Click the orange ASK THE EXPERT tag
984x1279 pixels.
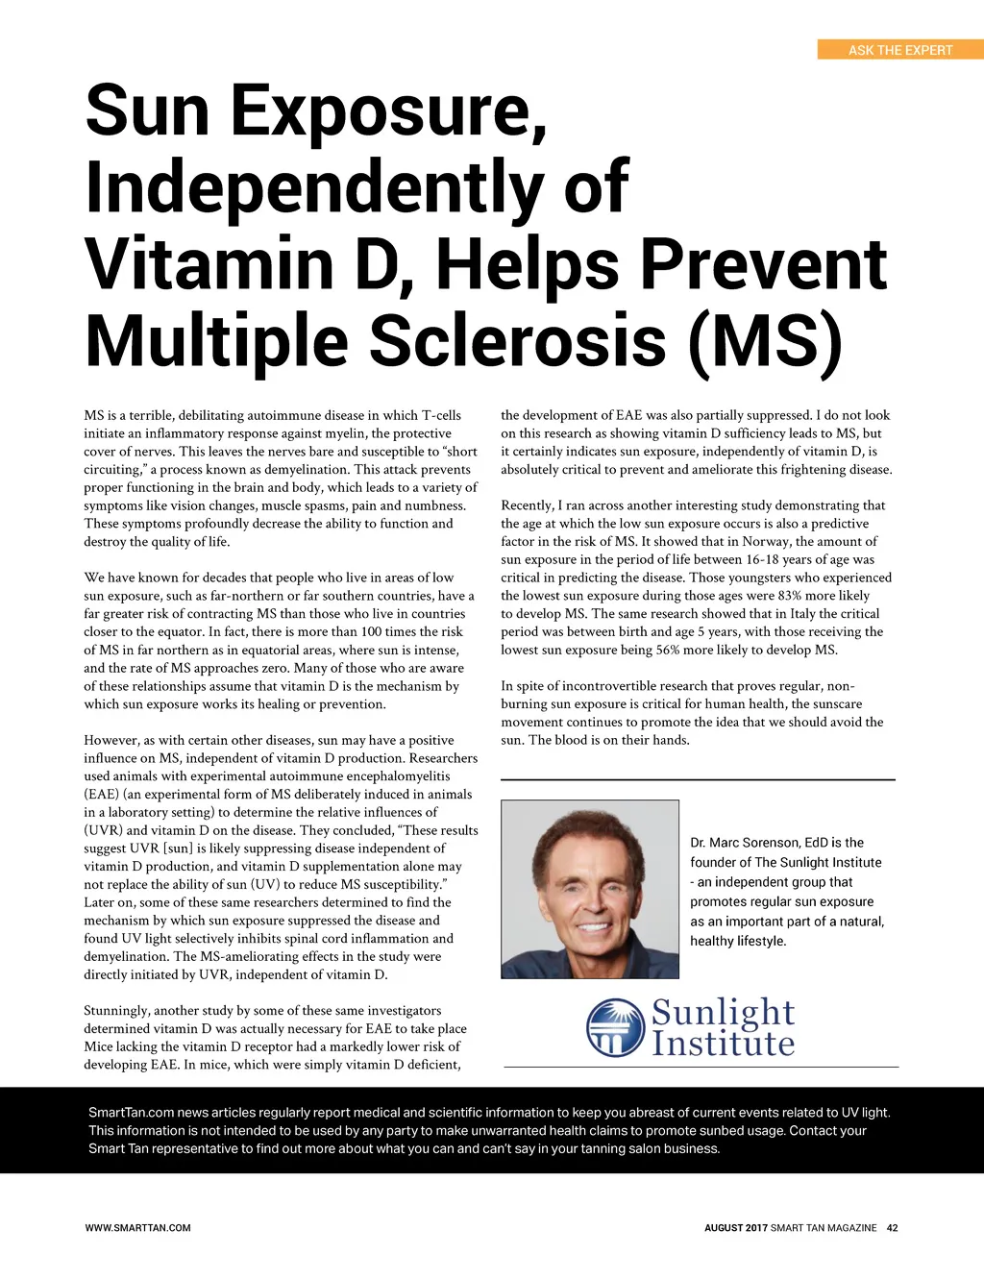[x=900, y=50]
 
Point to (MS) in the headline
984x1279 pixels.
[x=765, y=341]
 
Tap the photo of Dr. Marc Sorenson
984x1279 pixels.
[x=590, y=889]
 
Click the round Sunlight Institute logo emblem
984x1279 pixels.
[x=615, y=1027]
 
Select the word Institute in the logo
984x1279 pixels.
[x=723, y=1044]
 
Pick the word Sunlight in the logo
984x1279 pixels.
[x=723, y=1012]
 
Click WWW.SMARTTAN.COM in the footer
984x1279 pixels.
[x=137, y=1227]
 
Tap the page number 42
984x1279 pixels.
[x=892, y=1227]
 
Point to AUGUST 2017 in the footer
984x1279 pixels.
[x=735, y=1227]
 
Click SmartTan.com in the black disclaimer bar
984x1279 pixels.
[x=131, y=1113]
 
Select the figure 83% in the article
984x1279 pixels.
[x=789, y=596]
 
